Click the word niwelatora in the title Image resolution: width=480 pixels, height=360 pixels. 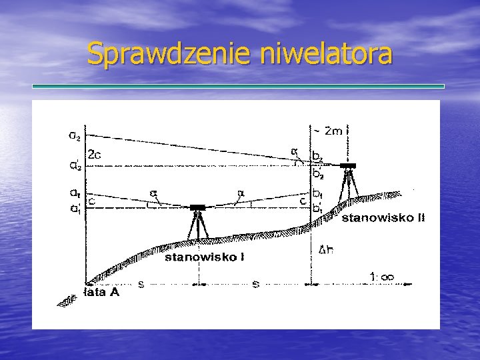click(x=327, y=54)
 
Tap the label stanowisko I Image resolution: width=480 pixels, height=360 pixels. click(x=204, y=256)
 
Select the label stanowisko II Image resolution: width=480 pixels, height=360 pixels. click(x=383, y=218)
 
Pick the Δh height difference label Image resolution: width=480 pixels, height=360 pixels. click(x=326, y=251)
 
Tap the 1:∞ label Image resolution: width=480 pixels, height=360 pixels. click(x=382, y=276)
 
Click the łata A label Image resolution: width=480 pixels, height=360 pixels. click(x=102, y=292)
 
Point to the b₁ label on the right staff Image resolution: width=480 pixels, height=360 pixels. click(x=318, y=193)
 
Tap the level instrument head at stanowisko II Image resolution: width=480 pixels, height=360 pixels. click(x=347, y=165)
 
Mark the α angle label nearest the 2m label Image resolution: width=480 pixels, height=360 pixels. click(x=293, y=151)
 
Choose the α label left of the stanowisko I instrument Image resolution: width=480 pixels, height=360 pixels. click(x=153, y=194)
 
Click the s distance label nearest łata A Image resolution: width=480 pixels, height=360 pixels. click(x=141, y=284)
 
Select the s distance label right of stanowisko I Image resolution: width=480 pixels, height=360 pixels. click(x=256, y=284)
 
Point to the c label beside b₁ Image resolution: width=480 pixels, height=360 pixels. click(x=303, y=199)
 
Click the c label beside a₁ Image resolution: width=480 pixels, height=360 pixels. click(x=91, y=199)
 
